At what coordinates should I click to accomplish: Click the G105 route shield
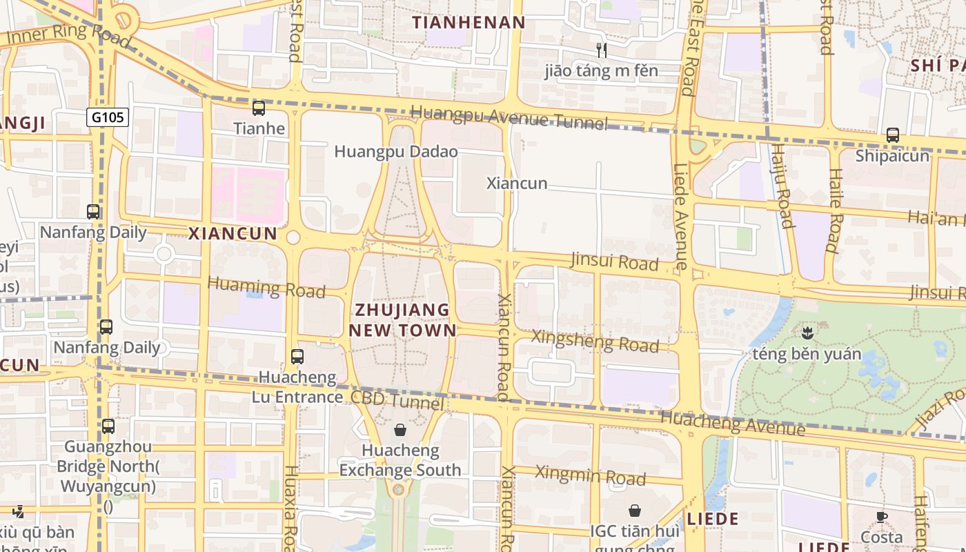(x=108, y=117)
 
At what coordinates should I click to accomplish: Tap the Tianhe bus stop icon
(x=259, y=108)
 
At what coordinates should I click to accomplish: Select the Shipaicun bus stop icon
(x=892, y=135)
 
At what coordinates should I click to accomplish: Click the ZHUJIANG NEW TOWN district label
(x=402, y=319)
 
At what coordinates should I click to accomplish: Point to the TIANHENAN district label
(x=469, y=23)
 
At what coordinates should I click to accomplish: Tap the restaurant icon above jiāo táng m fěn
(x=601, y=50)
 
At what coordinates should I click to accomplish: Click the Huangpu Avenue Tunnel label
(x=509, y=118)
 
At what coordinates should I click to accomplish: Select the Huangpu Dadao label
(x=396, y=151)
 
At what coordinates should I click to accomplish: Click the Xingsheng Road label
(x=595, y=341)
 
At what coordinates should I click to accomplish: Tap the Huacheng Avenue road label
(x=733, y=423)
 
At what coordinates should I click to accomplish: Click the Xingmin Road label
(x=590, y=475)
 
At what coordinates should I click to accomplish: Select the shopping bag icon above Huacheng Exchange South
(x=400, y=431)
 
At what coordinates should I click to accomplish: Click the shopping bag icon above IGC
(x=634, y=511)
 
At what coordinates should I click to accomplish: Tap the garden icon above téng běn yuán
(x=806, y=334)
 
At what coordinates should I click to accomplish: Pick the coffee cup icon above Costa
(x=881, y=517)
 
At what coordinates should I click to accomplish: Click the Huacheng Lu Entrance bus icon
(x=297, y=357)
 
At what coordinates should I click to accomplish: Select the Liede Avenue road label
(x=681, y=216)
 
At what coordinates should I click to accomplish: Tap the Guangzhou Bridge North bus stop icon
(x=108, y=426)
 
